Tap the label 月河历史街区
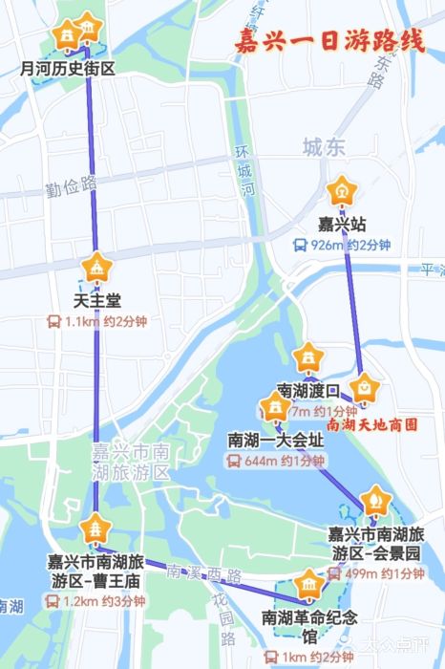pos(68,69)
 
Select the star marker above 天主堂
pos(96,268)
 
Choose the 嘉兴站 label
pos(342,226)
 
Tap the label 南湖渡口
pos(307,391)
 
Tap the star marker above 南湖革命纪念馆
pos(308,583)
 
